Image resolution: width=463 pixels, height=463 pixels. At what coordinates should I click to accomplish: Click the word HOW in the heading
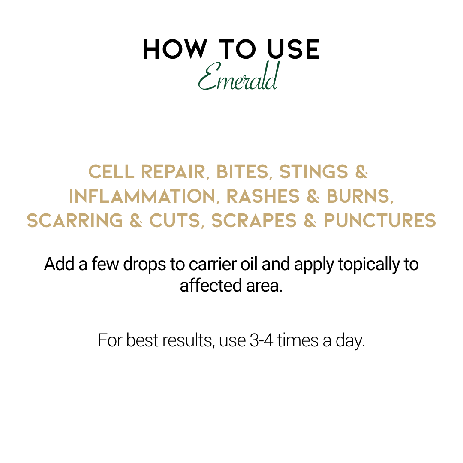(175, 49)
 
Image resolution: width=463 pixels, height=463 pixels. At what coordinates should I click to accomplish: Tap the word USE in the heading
(293, 49)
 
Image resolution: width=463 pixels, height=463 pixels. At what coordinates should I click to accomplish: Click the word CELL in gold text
(111, 172)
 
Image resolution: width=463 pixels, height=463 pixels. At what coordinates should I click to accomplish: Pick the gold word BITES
(242, 172)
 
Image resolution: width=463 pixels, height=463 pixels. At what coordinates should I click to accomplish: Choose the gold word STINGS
(314, 172)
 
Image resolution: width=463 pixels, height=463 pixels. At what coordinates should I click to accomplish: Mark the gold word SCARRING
(75, 221)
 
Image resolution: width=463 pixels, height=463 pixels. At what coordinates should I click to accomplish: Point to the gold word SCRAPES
(254, 221)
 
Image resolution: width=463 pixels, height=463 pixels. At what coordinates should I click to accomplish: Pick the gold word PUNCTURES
(380, 221)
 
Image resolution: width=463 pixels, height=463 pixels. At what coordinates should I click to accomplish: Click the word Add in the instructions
(59, 264)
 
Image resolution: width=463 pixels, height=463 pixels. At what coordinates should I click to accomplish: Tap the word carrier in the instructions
(213, 264)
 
